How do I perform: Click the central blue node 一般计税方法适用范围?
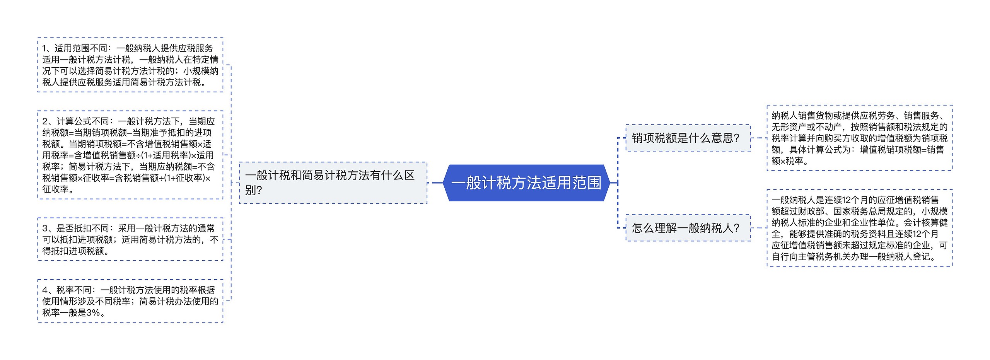point(526,183)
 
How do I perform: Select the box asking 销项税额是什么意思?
point(688,138)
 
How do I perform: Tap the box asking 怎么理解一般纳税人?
point(688,228)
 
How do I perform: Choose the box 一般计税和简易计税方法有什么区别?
point(333,183)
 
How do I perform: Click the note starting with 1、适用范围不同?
point(130,65)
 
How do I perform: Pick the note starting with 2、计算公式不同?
point(130,155)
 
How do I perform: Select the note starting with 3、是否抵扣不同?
point(130,239)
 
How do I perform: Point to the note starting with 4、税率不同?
point(130,301)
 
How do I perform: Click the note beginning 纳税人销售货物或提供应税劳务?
point(859,138)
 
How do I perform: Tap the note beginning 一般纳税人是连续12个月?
point(859,228)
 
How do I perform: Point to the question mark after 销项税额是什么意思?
point(736,138)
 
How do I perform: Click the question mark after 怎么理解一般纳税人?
point(736,228)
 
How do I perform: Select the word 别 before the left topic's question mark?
point(250,190)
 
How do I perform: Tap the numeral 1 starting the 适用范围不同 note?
point(44,48)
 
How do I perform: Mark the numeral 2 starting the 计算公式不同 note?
point(45,121)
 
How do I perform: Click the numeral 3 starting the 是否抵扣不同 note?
point(45,229)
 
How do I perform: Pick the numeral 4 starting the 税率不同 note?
point(45,290)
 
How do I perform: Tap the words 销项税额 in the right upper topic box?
point(654,138)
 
